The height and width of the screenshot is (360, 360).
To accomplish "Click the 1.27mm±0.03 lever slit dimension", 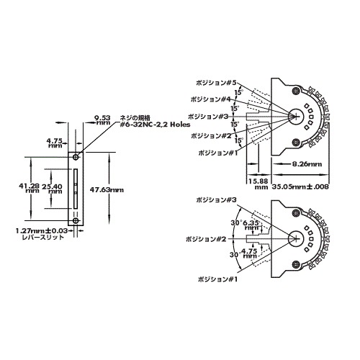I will (42, 231).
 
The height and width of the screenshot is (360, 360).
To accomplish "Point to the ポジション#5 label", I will (213, 82).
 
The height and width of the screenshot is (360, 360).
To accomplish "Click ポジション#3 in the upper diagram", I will (207, 116).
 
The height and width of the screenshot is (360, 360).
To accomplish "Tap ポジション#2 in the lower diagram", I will (206, 238).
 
